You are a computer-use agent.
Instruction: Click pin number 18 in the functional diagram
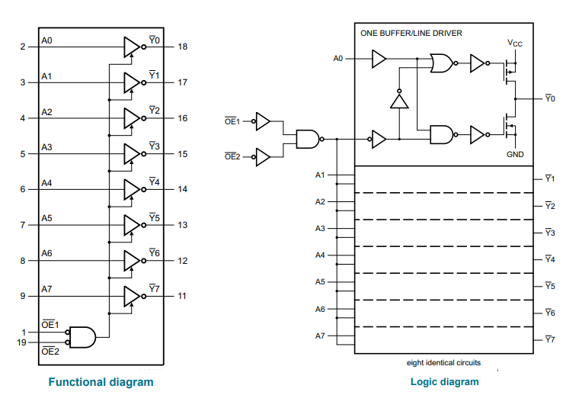(183, 47)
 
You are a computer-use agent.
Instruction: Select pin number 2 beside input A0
(23, 47)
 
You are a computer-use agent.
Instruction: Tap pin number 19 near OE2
(22, 342)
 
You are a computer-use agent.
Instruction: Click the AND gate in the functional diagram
(82, 337)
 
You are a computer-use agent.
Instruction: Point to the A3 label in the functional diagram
(46, 147)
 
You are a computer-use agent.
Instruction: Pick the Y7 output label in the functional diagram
(154, 288)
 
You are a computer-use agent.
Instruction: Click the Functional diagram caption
(101, 382)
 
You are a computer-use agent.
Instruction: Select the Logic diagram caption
(445, 381)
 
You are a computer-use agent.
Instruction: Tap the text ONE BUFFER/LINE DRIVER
(411, 33)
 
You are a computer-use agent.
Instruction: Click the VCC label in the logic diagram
(515, 43)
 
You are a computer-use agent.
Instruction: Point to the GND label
(515, 154)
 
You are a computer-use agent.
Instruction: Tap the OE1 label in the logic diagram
(232, 121)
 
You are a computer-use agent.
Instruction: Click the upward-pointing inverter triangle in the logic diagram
(399, 100)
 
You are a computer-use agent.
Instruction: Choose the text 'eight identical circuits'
(443, 363)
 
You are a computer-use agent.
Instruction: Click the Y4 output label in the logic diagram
(550, 259)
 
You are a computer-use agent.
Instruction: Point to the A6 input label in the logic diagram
(320, 309)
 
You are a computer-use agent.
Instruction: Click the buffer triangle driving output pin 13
(132, 225)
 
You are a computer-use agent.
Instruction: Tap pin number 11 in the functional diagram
(182, 296)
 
